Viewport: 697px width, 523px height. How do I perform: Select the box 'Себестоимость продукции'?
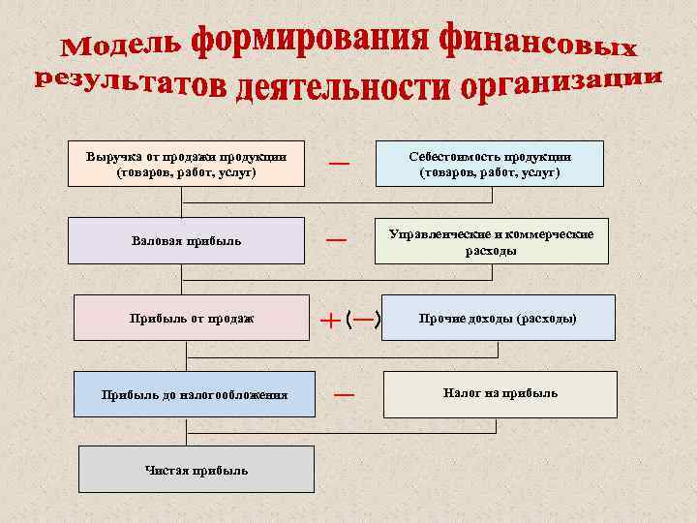[x=489, y=164]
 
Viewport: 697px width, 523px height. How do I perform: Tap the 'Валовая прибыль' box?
[x=185, y=240]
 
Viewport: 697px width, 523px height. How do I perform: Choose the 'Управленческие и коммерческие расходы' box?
[x=491, y=241]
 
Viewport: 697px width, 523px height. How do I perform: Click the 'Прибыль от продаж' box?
[x=192, y=318]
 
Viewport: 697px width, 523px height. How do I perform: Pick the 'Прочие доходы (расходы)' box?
[x=498, y=318]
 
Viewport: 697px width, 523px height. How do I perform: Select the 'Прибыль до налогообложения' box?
[x=194, y=394]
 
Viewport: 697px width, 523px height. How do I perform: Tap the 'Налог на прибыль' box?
[x=500, y=393]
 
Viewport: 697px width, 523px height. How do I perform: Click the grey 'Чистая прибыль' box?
[x=196, y=470]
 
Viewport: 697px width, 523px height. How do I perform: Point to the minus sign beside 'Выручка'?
[x=339, y=164]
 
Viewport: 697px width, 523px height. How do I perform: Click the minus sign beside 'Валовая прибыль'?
[x=336, y=239]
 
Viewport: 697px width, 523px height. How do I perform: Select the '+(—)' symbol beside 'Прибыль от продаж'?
[x=350, y=318]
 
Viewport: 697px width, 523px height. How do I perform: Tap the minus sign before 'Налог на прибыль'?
[x=344, y=394]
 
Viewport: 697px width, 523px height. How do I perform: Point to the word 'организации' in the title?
[x=561, y=84]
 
